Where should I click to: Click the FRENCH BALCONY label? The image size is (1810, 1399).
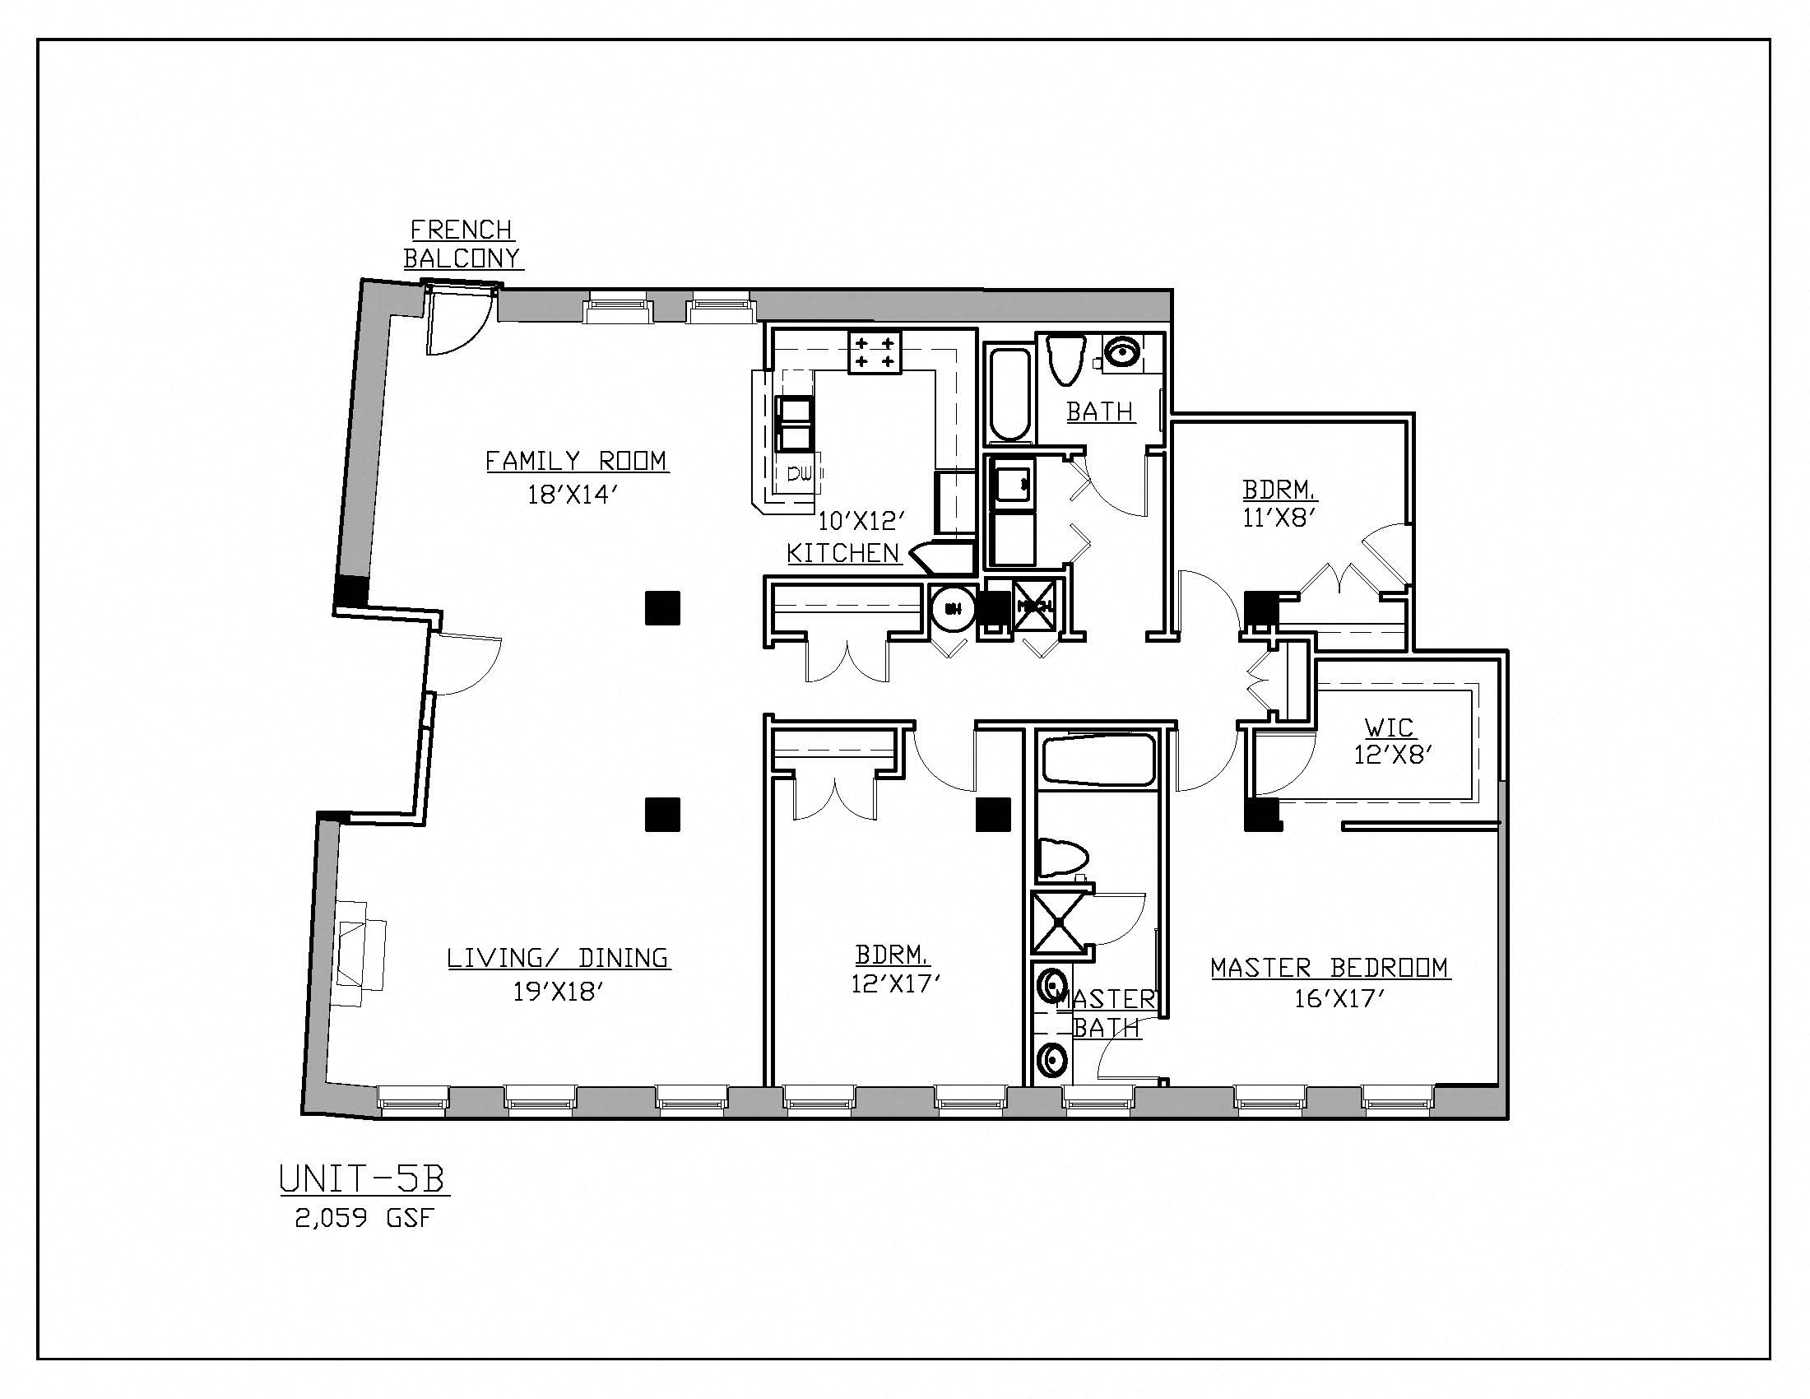point(462,244)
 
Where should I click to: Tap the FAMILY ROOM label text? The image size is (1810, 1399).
point(577,461)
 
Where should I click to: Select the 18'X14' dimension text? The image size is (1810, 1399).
point(573,495)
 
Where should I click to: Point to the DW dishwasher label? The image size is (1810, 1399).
point(799,475)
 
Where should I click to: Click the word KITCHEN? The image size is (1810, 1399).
point(842,554)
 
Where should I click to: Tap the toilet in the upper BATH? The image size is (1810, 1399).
point(1065,358)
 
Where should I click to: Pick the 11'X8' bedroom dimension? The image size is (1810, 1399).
point(1279,518)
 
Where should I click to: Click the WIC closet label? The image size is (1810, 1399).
point(1389,727)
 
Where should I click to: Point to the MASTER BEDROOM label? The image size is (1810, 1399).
point(1330,968)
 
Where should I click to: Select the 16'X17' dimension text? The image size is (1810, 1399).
point(1340,1000)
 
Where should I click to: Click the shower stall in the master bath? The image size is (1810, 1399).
point(1060,923)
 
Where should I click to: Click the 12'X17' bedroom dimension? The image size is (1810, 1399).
point(895,984)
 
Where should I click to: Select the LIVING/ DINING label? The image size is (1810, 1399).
point(558,958)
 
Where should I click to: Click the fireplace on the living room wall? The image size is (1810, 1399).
point(360,954)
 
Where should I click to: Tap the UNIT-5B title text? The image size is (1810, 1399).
point(363,1179)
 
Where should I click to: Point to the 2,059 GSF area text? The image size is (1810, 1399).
point(364,1218)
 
